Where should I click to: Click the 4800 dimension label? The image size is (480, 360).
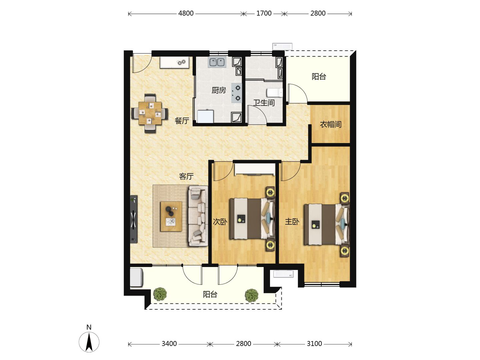186,13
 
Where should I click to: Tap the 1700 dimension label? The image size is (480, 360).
264,13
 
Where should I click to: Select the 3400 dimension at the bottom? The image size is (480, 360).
169,344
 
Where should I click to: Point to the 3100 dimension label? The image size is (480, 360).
314,344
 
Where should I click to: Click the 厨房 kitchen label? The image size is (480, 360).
219,90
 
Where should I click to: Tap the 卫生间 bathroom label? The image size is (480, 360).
264,103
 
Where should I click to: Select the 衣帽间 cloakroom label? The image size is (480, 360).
331,125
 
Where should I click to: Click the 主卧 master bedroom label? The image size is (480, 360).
292,222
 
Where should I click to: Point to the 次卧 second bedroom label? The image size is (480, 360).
220,222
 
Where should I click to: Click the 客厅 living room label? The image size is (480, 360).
186,176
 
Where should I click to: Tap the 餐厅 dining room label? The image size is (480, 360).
182,121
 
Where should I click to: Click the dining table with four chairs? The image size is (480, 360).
150,113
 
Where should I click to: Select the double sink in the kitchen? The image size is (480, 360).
217,62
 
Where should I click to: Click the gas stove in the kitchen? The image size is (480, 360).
237,93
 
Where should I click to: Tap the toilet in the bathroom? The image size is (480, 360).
275,92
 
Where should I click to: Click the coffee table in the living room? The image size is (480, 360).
171,216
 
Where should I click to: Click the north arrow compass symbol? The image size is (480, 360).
89,342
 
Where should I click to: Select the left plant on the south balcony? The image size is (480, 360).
160,294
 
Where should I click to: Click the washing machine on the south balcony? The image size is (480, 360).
136,277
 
